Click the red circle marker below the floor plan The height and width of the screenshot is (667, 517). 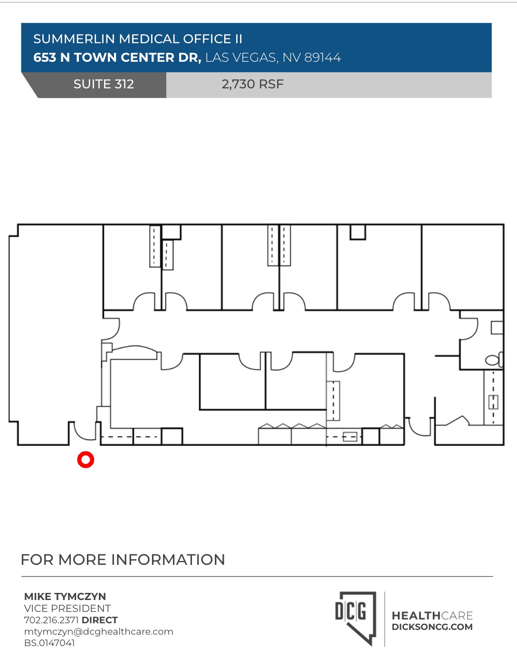click(x=86, y=459)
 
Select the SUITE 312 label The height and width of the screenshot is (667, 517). click(x=104, y=84)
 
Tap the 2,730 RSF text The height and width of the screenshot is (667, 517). click(x=252, y=84)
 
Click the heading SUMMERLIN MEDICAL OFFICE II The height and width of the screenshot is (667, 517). click(x=138, y=39)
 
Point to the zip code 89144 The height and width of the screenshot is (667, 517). click(x=323, y=57)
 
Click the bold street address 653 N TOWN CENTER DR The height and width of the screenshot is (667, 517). click(x=117, y=57)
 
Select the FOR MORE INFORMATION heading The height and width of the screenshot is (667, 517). click(x=123, y=560)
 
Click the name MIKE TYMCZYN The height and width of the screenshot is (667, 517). click(x=65, y=596)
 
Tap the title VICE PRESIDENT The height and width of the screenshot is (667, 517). click(x=67, y=608)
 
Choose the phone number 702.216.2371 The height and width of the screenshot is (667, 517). click(x=51, y=620)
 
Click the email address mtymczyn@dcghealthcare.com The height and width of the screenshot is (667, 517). click(x=99, y=631)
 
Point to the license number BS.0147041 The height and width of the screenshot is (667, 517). click(x=49, y=643)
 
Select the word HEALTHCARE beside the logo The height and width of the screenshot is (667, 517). click(x=432, y=616)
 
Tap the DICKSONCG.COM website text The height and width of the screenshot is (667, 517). click(x=432, y=627)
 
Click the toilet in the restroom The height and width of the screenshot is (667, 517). click(x=493, y=360)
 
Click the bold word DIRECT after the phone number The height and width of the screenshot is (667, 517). click(x=100, y=620)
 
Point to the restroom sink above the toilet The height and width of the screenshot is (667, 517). click(x=497, y=327)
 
